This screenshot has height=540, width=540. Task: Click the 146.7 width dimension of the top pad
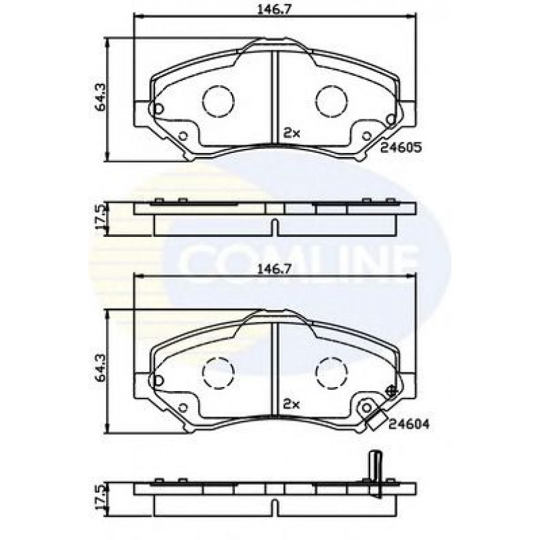[274, 9]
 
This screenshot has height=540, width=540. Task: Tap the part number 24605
[401, 148]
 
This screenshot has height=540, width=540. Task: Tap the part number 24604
[409, 424]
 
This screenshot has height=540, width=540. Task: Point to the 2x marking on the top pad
[291, 133]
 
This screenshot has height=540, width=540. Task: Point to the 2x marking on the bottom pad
[291, 404]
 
